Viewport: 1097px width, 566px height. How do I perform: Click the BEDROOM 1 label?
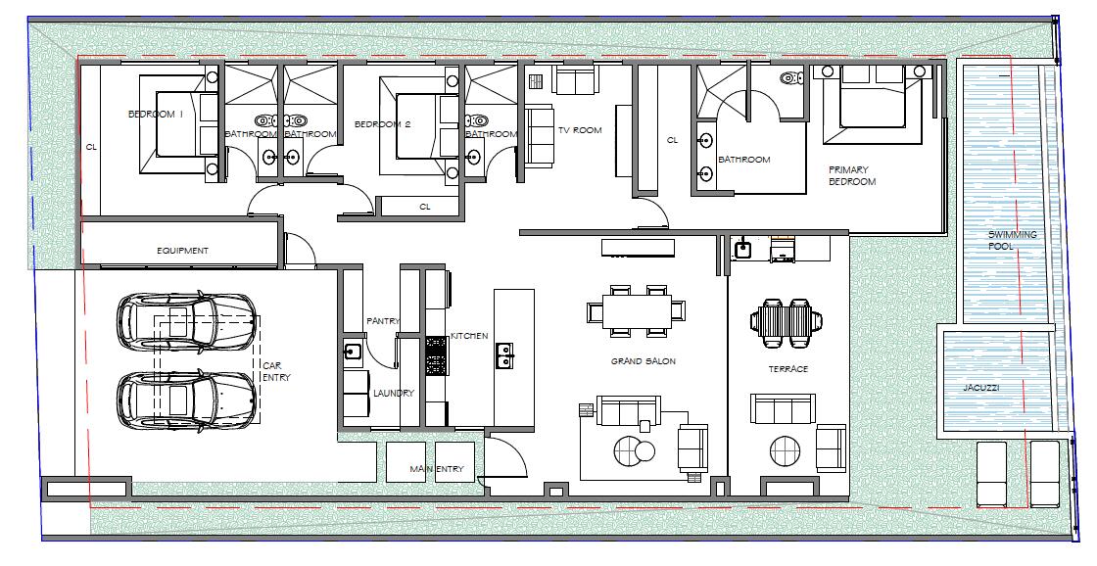156,114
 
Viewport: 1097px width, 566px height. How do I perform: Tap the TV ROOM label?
580,130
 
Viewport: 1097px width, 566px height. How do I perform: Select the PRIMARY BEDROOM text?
852,175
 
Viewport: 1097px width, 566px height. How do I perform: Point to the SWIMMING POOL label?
1012,240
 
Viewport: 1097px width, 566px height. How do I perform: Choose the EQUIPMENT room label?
182,251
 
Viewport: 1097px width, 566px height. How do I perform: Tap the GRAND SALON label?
643,361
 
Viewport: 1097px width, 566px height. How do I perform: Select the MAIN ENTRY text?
437,469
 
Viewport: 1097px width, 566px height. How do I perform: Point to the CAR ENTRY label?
276,371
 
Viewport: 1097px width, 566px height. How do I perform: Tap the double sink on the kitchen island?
504,355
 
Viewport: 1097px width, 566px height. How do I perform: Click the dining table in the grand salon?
636,310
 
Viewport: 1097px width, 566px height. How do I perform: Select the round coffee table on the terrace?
785,451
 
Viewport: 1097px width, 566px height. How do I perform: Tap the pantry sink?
353,353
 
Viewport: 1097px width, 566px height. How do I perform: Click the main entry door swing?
505,455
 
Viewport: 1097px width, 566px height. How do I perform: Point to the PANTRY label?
383,321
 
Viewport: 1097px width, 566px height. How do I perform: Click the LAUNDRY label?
393,394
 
